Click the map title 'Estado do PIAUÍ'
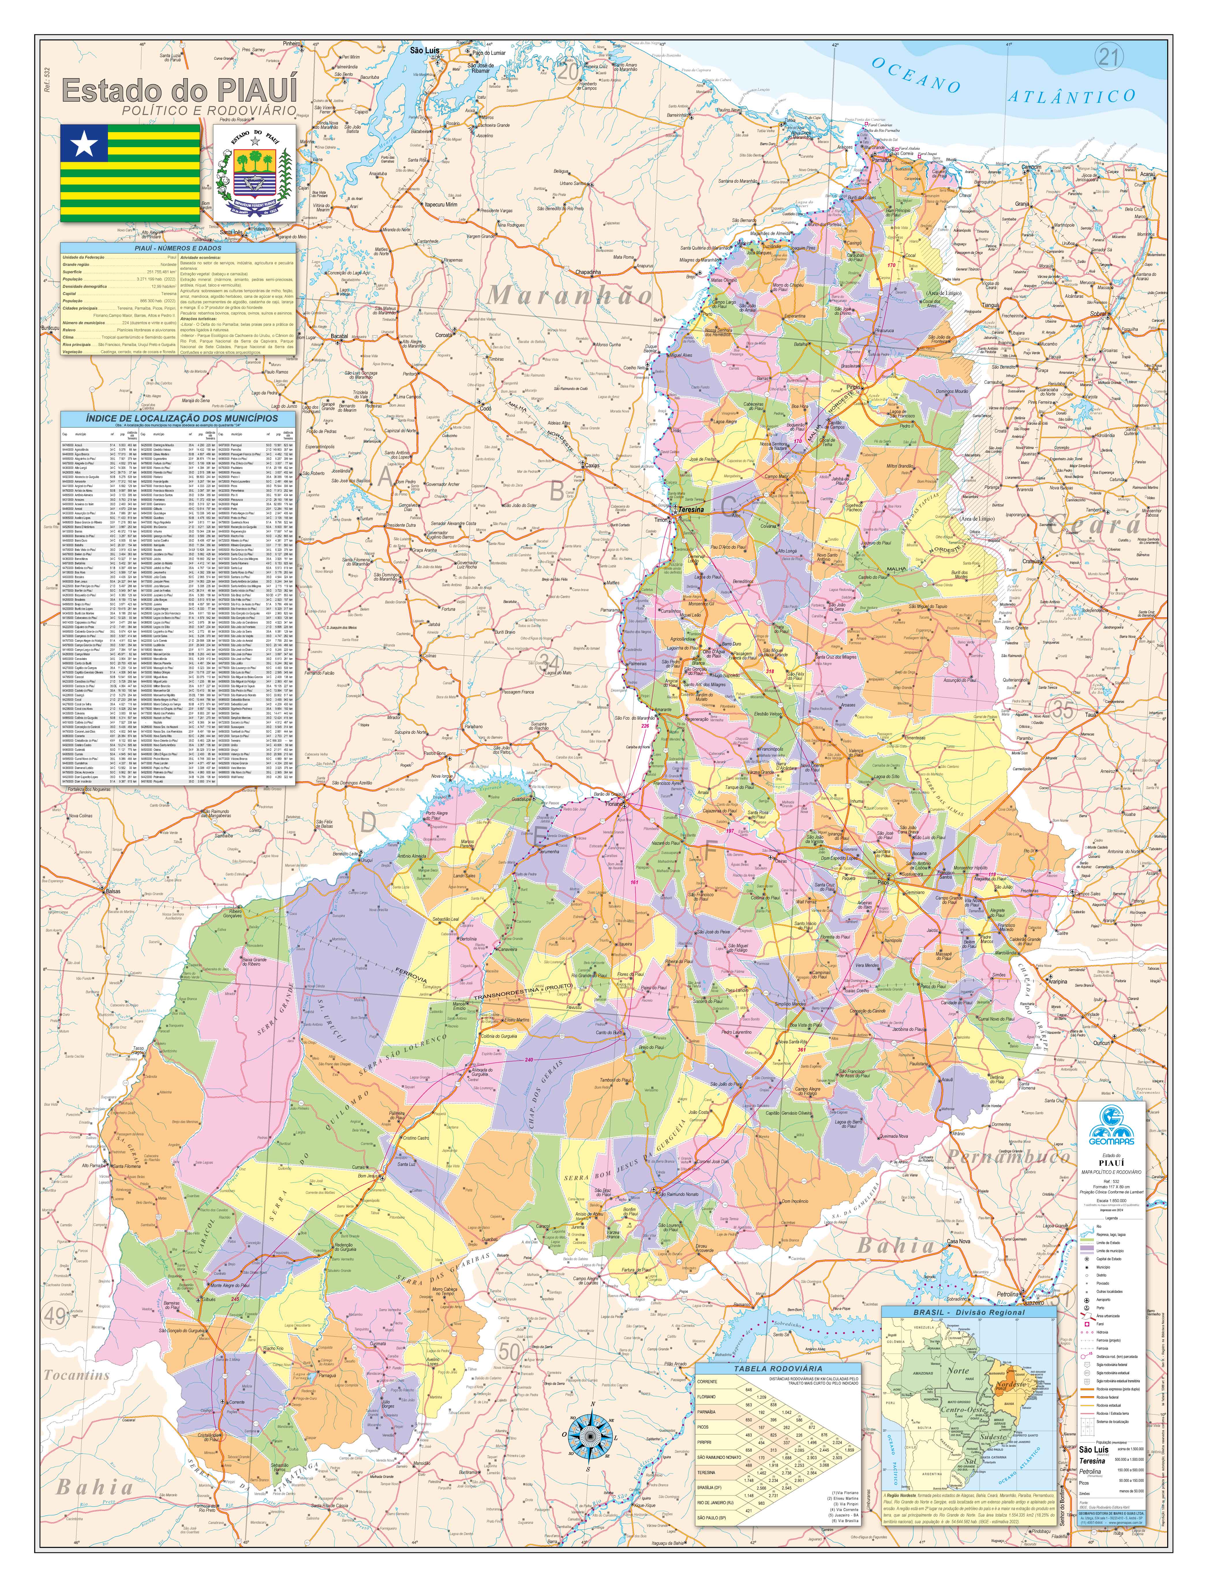pyautogui.click(x=179, y=91)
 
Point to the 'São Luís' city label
pyautogui.click(x=424, y=51)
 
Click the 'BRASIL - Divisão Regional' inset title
pyautogui.click(x=969, y=1312)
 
